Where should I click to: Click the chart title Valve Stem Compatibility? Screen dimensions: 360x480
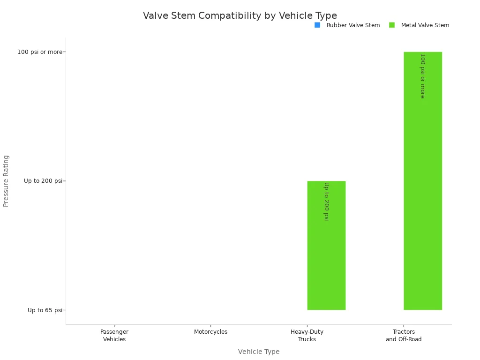[240, 15]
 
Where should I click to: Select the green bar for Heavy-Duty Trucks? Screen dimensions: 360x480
[326, 262]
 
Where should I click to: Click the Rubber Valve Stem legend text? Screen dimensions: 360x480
[353, 25]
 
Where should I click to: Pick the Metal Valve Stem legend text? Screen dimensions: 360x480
[425, 25]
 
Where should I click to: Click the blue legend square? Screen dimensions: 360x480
[317, 25]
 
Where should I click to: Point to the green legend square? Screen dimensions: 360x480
[392, 25]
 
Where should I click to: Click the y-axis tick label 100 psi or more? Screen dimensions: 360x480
[39, 52]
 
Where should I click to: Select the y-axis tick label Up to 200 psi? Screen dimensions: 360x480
[43, 181]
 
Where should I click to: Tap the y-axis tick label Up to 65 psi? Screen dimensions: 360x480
[45, 310]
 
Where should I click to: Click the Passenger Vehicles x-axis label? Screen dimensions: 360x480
[114, 336]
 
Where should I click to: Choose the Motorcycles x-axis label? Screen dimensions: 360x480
[210, 332]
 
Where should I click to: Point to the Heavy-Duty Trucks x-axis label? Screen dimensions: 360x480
[307, 336]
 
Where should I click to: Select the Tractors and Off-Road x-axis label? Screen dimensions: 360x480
[404, 336]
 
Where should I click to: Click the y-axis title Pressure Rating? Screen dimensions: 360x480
[6, 180]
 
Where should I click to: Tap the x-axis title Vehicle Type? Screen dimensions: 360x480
[258, 352]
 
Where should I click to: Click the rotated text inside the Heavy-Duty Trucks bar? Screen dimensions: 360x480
[326, 201]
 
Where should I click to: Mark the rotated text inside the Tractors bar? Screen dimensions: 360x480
[422, 75]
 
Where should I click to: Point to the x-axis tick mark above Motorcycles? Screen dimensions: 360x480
[210, 326]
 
